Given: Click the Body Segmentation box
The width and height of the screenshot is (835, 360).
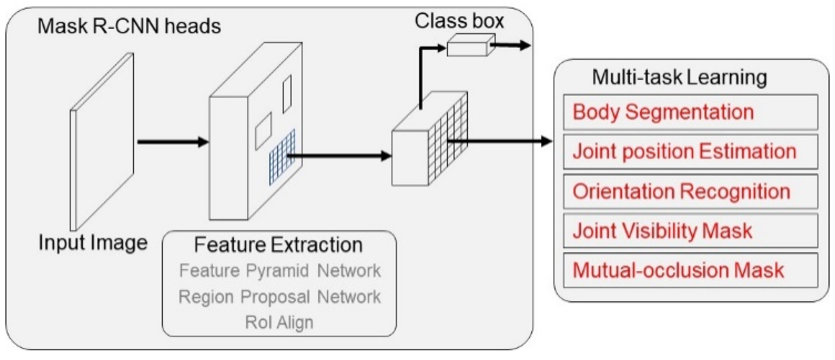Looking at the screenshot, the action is point(690,112).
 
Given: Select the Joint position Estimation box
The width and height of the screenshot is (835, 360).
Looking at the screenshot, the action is point(690,152).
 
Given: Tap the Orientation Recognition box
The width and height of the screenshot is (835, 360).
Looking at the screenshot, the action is point(690,191).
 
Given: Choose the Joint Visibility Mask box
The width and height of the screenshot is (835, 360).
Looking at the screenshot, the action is point(690,231).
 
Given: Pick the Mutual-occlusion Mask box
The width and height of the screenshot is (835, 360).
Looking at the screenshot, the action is point(690,270).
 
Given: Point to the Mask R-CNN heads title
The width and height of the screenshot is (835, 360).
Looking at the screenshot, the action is point(129,26).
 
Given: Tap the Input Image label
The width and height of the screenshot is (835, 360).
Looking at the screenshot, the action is point(93,243).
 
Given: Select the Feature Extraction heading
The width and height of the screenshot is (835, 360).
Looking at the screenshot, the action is point(278,245).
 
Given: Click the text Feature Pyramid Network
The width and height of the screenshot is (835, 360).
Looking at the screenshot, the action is point(280,270).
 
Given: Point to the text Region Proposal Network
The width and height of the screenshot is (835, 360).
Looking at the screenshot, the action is point(279,297).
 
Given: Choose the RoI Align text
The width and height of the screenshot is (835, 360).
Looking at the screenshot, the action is point(279,322).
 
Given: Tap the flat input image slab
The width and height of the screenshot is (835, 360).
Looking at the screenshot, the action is point(102,142).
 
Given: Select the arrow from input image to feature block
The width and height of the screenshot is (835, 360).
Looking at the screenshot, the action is point(173,142).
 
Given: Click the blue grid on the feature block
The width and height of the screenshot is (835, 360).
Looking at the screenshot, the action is point(282,157).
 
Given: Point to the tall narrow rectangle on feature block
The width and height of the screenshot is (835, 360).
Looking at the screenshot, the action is point(287,94).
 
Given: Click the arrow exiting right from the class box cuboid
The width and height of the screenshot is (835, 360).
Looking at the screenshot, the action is point(510,45).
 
